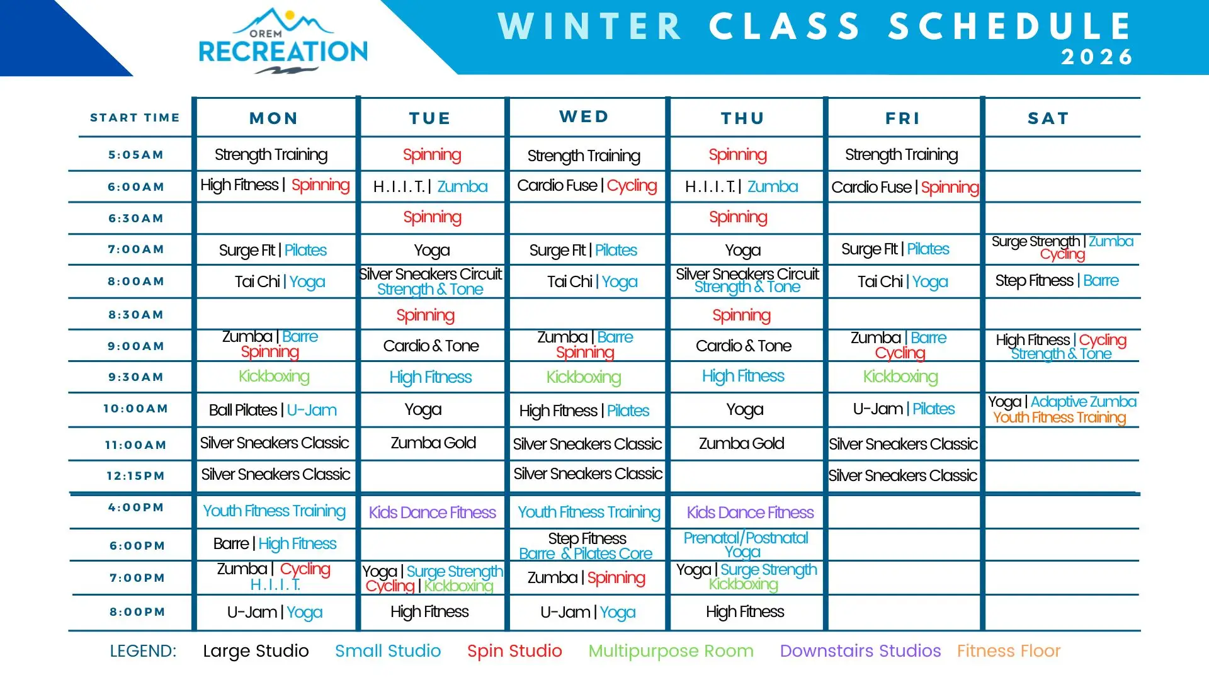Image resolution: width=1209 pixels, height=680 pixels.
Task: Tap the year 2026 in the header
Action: coord(1097,57)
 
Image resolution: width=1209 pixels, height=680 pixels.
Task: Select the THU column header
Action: coord(743,118)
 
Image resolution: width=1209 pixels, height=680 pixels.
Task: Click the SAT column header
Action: coord(1048,118)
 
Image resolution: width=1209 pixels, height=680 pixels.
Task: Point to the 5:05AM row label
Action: coord(136,155)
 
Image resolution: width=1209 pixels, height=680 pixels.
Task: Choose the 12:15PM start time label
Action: coord(136,476)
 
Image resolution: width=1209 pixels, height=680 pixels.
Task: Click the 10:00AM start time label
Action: coord(136,409)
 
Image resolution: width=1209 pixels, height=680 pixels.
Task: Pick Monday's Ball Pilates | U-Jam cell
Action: coord(273,411)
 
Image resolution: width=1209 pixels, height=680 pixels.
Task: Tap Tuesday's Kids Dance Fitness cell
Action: coord(433,513)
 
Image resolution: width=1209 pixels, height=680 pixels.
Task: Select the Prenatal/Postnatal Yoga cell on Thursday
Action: coord(746,545)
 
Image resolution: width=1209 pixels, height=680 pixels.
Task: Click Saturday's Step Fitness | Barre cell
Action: coord(1057,281)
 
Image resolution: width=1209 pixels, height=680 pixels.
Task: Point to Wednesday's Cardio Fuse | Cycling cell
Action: coord(587,186)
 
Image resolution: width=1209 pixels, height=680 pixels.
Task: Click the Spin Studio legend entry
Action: coord(514,651)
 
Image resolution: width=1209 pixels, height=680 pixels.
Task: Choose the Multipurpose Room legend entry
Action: coord(671,651)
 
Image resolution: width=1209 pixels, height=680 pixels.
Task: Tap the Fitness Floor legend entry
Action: coord(1009,651)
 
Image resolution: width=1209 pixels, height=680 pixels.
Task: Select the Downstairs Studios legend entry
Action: coord(860,651)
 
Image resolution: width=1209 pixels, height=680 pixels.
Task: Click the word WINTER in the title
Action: coord(590,26)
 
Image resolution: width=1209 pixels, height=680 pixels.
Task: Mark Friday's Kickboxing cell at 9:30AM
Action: coord(900,377)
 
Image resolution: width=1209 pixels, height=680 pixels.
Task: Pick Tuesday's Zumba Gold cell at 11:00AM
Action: coord(433,443)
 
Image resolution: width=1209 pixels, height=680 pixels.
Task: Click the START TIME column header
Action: coord(135,118)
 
